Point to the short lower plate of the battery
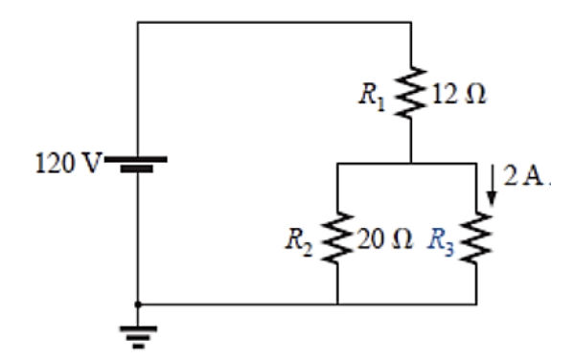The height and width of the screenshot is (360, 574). click(138, 169)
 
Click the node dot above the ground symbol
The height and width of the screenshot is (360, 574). click(138, 304)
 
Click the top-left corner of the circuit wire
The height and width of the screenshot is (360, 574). click(138, 21)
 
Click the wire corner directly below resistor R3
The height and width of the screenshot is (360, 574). click(476, 304)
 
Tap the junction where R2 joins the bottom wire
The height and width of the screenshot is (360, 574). click(337, 304)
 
